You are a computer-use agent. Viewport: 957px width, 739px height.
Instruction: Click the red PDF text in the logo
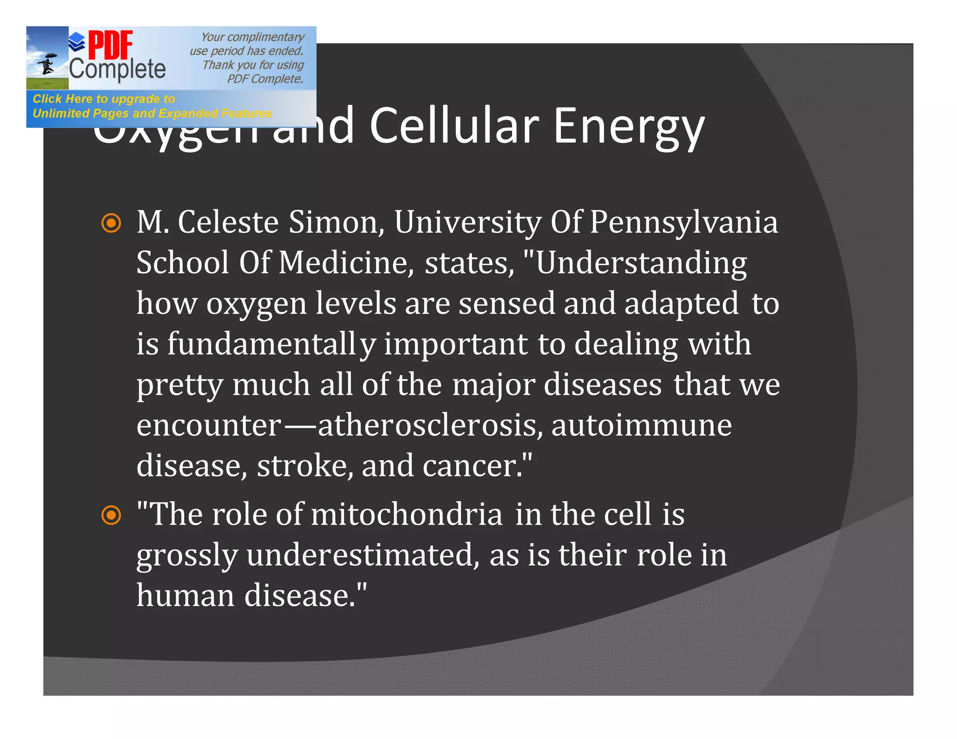(x=110, y=45)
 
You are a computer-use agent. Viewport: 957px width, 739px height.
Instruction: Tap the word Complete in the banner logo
(x=117, y=70)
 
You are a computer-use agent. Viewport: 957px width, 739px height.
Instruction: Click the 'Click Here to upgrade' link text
(x=104, y=99)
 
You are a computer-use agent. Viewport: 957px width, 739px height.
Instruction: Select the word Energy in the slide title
(x=628, y=127)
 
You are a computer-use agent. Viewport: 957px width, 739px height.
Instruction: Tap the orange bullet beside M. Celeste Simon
(x=111, y=223)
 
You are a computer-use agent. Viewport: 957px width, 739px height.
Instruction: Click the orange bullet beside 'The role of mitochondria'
(x=111, y=515)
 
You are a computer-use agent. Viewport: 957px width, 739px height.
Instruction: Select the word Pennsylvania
(x=684, y=223)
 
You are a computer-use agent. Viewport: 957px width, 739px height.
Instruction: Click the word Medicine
(x=346, y=263)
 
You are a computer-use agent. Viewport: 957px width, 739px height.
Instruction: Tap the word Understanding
(x=641, y=263)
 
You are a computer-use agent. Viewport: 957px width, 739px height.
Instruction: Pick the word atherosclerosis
(x=430, y=426)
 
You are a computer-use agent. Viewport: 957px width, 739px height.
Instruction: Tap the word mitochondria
(x=407, y=515)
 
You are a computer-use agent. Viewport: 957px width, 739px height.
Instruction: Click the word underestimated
(x=363, y=555)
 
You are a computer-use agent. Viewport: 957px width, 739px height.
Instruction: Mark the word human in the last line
(x=186, y=596)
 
